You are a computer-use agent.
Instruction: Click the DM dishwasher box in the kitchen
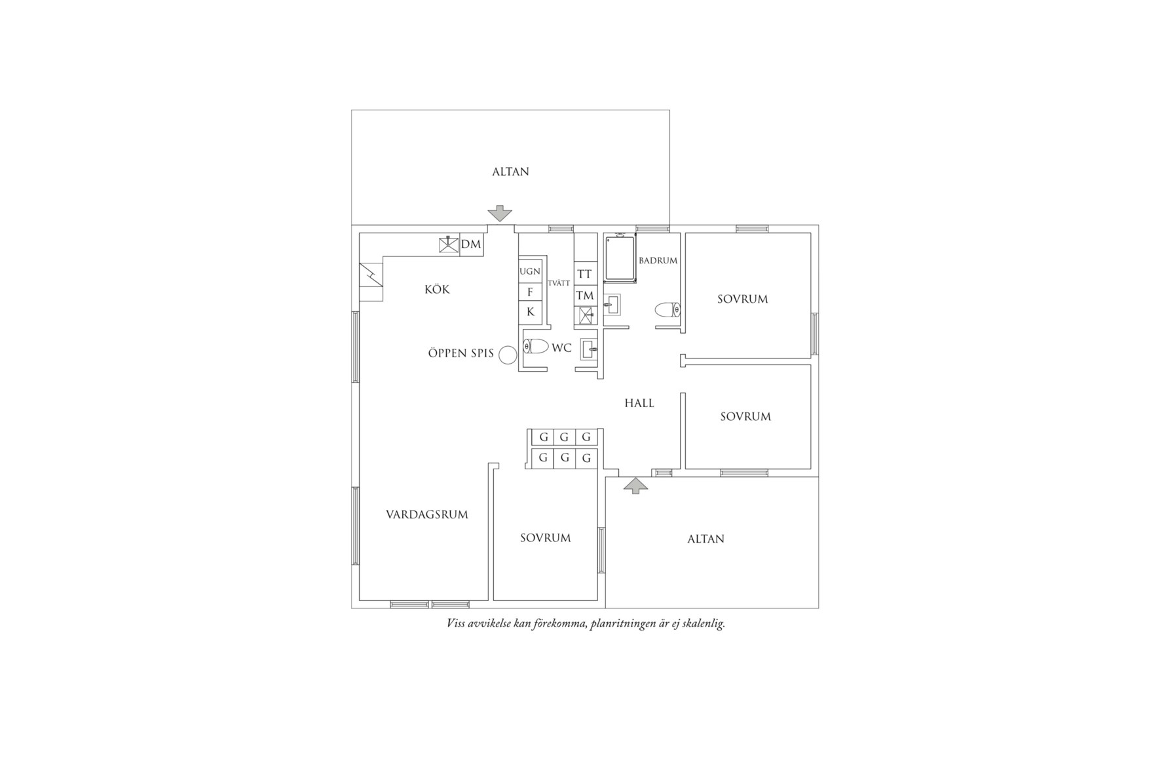point(471,244)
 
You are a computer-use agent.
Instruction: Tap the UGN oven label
point(530,271)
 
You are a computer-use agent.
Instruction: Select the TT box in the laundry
point(584,274)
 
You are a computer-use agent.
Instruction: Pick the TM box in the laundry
point(584,296)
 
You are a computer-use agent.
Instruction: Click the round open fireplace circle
point(508,355)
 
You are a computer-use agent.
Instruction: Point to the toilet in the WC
point(535,346)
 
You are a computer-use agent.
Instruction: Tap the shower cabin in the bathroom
point(619,258)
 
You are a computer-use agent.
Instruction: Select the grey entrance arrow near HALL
point(635,486)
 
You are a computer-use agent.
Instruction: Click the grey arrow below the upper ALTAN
point(500,213)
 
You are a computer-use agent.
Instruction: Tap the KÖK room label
point(437,289)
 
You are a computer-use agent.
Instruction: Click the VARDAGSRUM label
point(427,515)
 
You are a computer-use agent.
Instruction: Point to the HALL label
point(639,403)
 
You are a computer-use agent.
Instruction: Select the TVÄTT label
point(559,283)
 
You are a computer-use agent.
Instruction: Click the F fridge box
point(530,292)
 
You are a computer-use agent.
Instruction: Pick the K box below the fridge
point(530,312)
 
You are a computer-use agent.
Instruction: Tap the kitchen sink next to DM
point(448,244)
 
